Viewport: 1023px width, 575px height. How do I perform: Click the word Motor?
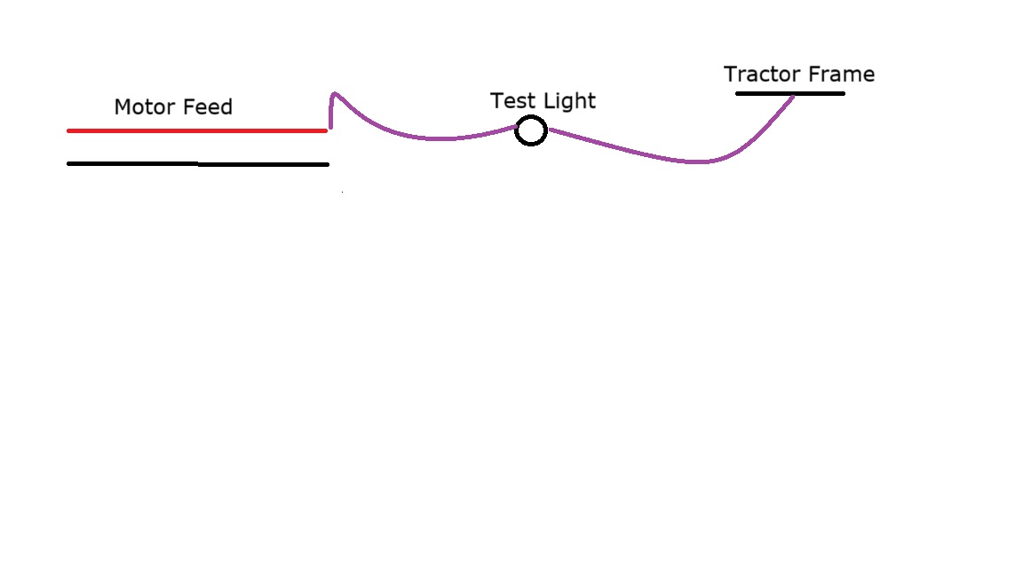[x=146, y=107]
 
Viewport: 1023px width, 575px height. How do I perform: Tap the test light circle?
[x=531, y=131]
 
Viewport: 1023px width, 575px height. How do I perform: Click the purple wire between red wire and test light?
[x=426, y=138]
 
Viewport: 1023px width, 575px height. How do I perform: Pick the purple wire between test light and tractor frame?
[x=675, y=160]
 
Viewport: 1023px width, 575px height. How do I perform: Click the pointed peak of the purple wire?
[x=334, y=93]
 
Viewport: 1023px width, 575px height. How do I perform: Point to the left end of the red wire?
[x=69, y=130]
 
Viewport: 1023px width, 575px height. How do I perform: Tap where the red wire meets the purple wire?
[x=328, y=130]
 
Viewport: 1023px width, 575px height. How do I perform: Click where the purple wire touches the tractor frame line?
[x=792, y=95]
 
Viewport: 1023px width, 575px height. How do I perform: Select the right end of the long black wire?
[x=327, y=164]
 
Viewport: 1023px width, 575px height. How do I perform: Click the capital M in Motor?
[x=123, y=107]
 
